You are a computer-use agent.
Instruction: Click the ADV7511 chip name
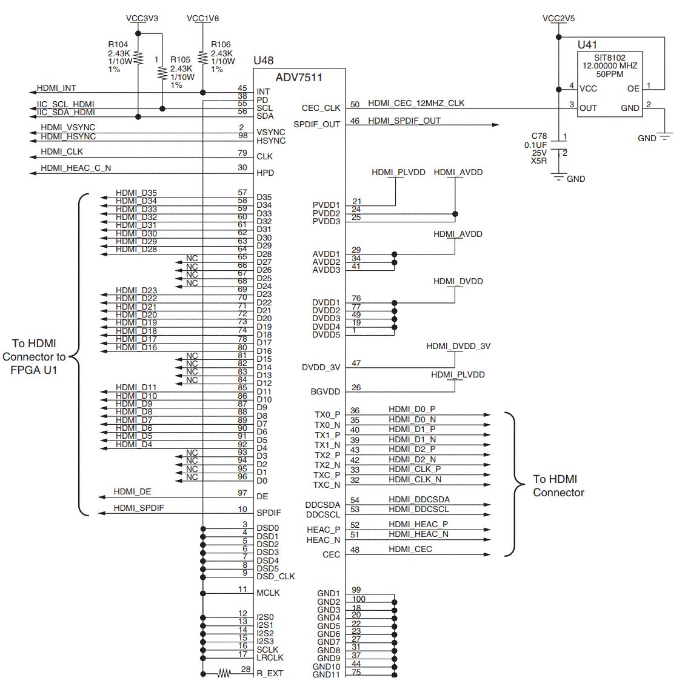click(299, 78)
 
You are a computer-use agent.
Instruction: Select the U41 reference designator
click(587, 44)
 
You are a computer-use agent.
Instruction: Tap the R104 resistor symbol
click(138, 58)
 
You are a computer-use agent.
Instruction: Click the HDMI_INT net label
click(56, 88)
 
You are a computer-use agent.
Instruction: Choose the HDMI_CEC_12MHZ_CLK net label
click(416, 104)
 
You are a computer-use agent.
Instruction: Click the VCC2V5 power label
click(558, 18)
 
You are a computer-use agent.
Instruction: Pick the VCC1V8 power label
click(202, 18)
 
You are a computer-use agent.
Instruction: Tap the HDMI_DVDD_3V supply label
click(458, 346)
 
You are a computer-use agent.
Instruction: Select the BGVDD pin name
click(326, 392)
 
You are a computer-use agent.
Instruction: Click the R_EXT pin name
click(270, 674)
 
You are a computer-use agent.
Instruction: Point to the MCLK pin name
click(268, 593)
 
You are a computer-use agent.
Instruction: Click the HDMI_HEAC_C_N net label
click(76, 168)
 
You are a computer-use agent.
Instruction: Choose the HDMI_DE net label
click(132, 491)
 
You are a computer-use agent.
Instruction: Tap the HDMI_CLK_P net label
click(415, 469)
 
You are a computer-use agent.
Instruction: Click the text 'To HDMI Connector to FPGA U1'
click(35, 356)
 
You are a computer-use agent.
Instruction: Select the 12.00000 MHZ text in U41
click(610, 65)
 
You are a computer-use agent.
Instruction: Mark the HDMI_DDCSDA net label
click(419, 499)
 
